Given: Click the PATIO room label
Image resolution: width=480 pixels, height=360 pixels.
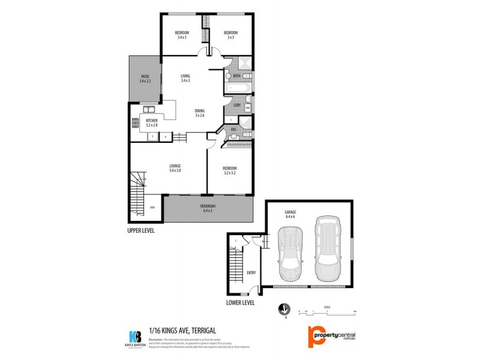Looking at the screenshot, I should click(145, 76).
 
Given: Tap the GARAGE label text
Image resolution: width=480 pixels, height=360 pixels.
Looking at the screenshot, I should click(290, 212).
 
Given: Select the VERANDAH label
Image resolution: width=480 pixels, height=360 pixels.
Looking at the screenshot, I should click(208, 207).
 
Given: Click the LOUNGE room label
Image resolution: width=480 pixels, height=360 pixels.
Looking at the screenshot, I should click(175, 166).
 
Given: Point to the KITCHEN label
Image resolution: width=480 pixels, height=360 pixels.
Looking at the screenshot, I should click(151, 121).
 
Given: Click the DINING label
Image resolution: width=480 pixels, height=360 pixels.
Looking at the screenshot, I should click(200, 110).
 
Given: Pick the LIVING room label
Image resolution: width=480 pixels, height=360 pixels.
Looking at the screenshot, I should click(185, 76).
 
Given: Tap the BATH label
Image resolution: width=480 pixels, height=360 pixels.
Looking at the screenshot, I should click(237, 76).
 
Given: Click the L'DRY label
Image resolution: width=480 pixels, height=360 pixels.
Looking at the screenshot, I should click(237, 106).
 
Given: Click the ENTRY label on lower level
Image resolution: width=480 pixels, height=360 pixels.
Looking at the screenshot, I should click(251, 273).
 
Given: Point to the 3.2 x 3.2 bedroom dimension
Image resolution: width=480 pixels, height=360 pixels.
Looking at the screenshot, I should click(230, 172).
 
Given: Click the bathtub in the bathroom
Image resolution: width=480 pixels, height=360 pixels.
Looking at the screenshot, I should click(238, 89).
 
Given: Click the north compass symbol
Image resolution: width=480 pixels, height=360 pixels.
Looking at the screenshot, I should click(284, 310).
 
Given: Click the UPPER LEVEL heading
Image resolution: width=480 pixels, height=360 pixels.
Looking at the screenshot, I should click(142, 230).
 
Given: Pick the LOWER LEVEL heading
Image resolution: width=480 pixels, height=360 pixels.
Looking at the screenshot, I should click(240, 302).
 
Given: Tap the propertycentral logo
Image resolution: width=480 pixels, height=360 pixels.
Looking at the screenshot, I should click(332, 337).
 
